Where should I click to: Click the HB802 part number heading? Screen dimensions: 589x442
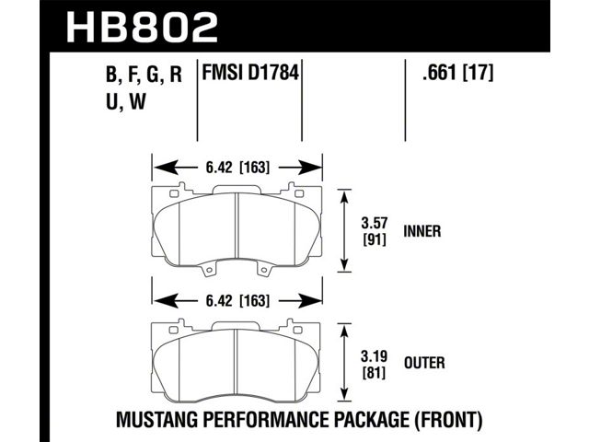tap(142, 27)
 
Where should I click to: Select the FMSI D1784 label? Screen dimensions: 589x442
tap(250, 72)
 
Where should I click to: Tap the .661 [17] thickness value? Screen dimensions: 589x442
tap(457, 73)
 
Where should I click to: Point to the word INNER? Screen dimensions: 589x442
tap(422, 231)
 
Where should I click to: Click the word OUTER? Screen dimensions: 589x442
tap(424, 363)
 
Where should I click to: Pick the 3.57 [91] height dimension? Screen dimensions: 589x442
tap(375, 231)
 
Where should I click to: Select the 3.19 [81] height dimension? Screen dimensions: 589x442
tap(375, 364)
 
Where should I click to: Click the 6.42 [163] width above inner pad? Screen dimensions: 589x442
tap(237, 167)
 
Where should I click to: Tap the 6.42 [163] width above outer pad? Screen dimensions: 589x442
tap(237, 301)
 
